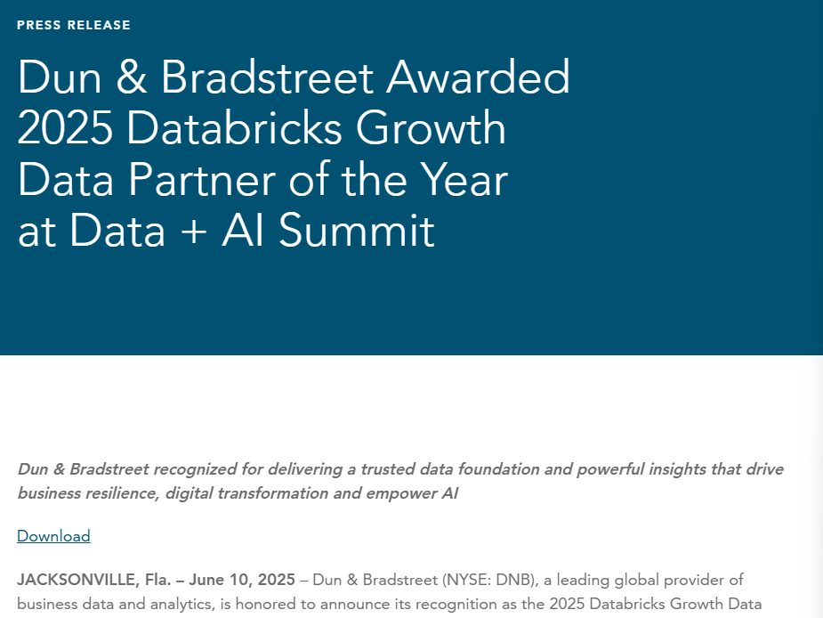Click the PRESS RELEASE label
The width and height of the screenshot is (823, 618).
tap(74, 25)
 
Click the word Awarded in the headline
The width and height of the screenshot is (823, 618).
tap(478, 77)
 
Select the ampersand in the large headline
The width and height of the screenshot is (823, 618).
tap(131, 77)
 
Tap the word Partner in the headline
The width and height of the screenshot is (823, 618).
tap(203, 180)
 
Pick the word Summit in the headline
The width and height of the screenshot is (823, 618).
tap(357, 231)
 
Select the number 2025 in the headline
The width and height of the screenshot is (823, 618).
tap(65, 128)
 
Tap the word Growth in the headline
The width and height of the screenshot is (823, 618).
tap(431, 128)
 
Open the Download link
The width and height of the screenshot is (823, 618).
tap(53, 536)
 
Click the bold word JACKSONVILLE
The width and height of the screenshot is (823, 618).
tap(77, 580)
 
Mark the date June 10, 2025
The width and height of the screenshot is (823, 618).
tap(242, 580)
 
